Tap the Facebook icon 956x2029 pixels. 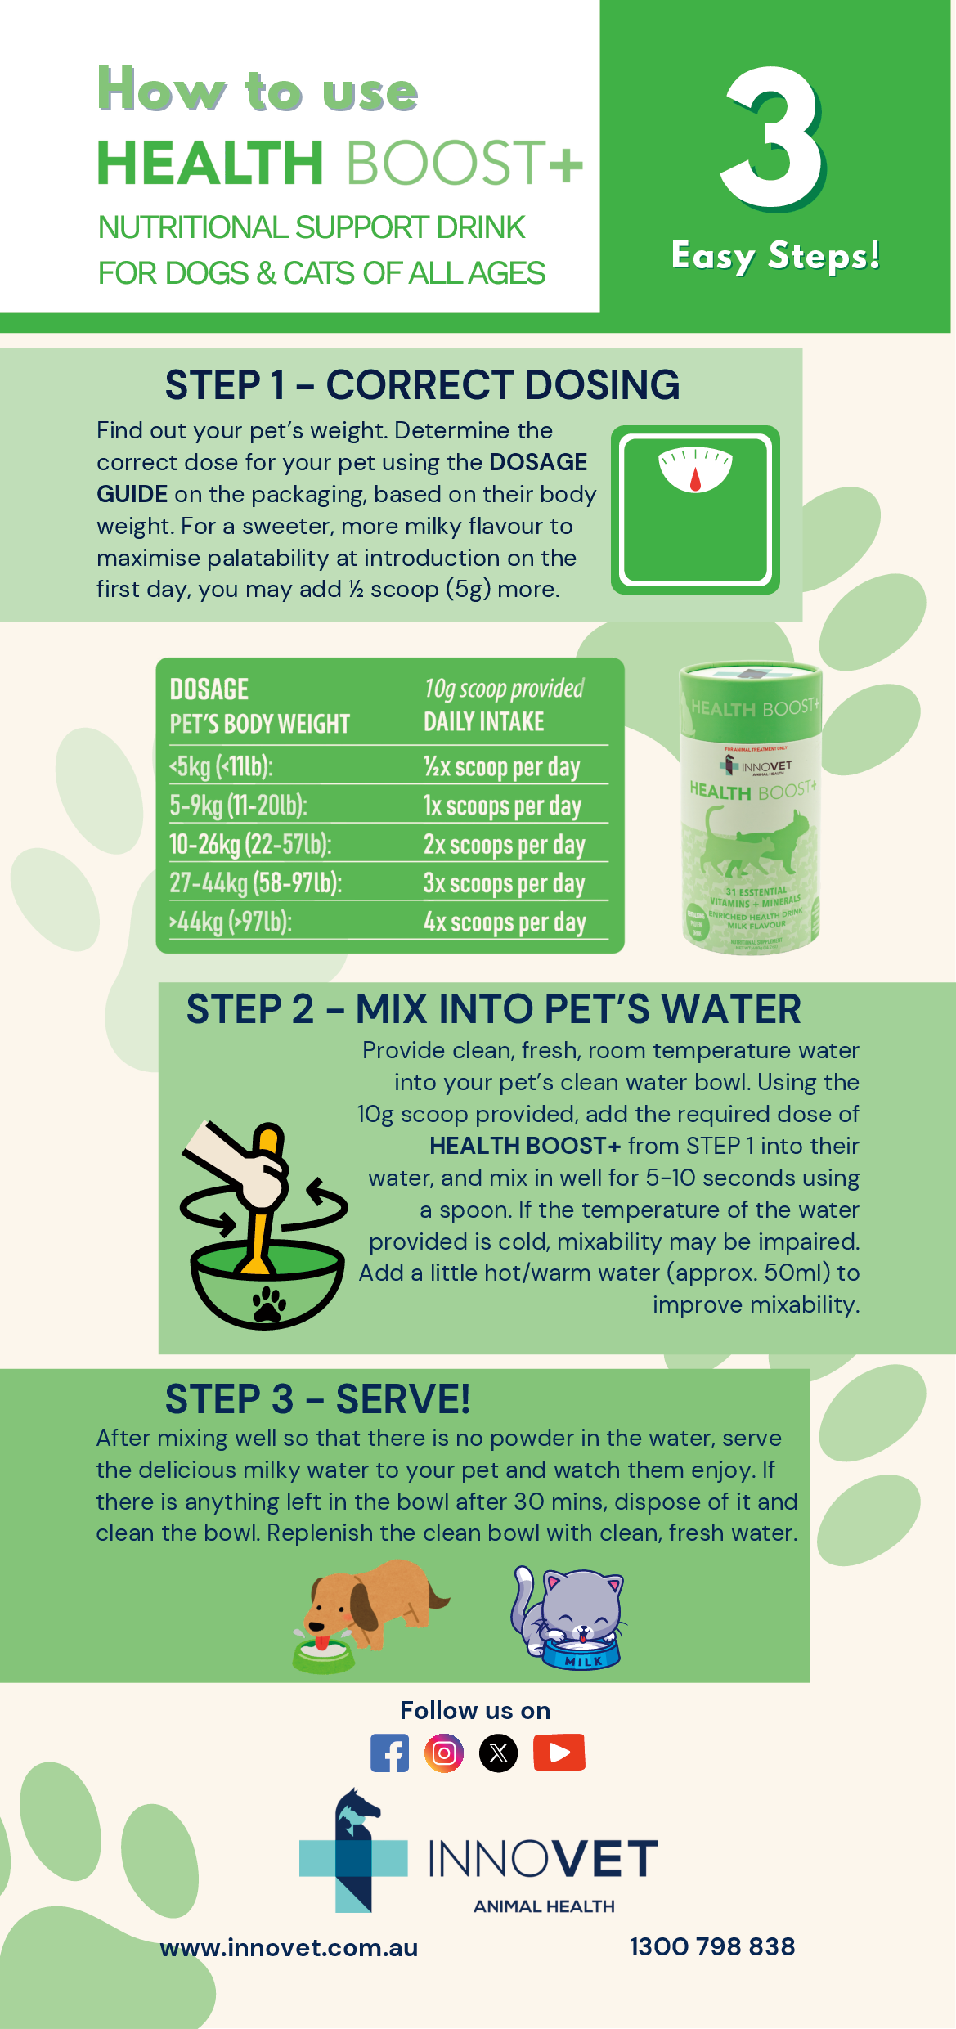[x=389, y=1753]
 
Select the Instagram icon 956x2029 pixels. [x=444, y=1753]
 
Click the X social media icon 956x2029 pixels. [x=499, y=1753]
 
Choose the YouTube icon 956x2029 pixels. [x=559, y=1752]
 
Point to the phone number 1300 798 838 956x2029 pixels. [x=711, y=1946]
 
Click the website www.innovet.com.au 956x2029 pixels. [x=289, y=1947]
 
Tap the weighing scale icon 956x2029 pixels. [x=695, y=509]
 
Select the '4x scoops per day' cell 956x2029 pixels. [x=505, y=922]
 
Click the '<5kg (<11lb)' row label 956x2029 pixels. [x=221, y=766]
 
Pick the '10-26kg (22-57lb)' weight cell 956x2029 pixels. [x=250, y=844]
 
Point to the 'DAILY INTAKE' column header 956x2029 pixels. [x=483, y=721]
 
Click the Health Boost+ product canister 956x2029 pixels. [x=751, y=808]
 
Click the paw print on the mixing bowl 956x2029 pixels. [x=268, y=1303]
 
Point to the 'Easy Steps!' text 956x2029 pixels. [x=775, y=256]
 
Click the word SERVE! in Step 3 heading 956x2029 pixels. [x=403, y=1399]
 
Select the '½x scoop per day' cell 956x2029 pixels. [x=501, y=766]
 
